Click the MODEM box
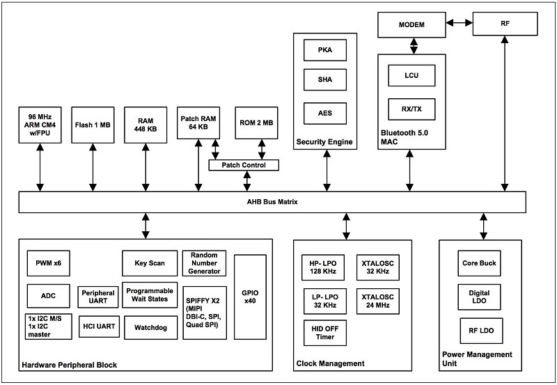click(x=411, y=24)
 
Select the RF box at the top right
click(x=505, y=24)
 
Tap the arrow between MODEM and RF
click(x=459, y=23)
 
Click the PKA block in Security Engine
click(x=324, y=50)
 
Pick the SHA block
click(x=324, y=79)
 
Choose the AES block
click(x=324, y=113)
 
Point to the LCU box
click(x=411, y=75)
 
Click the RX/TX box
click(x=411, y=109)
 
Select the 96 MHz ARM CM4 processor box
click(x=40, y=125)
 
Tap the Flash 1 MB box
click(x=93, y=125)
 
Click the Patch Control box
click(x=244, y=165)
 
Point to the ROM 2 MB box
click(x=256, y=123)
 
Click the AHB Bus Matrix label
click(x=272, y=202)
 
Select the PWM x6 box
click(x=48, y=263)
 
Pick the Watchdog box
click(x=150, y=327)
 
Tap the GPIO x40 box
click(x=250, y=297)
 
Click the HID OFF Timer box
click(x=324, y=333)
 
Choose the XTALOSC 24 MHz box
click(x=377, y=301)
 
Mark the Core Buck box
click(x=479, y=263)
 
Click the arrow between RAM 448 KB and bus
click(x=146, y=167)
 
